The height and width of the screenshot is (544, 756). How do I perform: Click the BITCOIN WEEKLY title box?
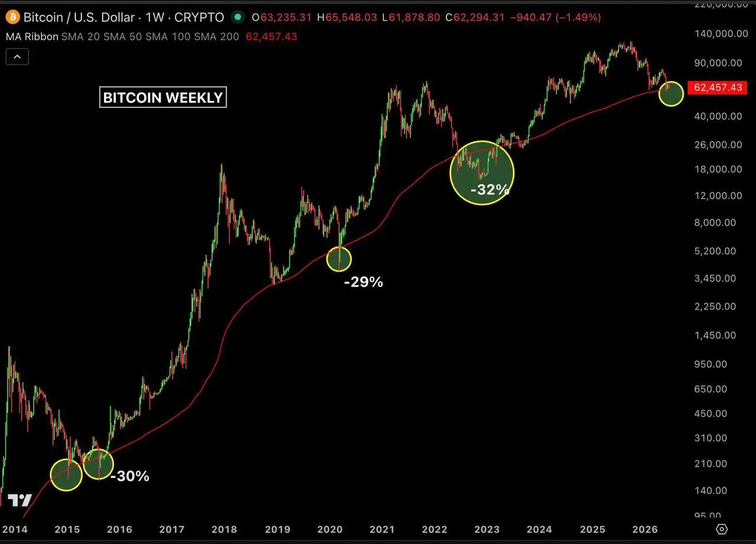(163, 97)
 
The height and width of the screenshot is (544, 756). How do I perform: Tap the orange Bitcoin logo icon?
(13, 17)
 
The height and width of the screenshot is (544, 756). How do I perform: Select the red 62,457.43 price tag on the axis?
(717, 88)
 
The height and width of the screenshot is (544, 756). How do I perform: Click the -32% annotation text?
(490, 189)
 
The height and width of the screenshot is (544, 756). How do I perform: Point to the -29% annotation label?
(363, 282)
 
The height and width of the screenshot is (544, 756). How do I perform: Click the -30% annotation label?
(129, 476)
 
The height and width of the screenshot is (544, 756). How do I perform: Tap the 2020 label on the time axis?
(330, 529)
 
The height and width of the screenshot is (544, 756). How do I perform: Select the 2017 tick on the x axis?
(172, 529)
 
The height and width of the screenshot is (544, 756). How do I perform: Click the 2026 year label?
(645, 529)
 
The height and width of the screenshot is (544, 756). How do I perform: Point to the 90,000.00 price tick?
(718, 63)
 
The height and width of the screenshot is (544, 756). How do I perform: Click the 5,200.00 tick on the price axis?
(715, 251)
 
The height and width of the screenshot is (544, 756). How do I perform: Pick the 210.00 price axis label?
(711, 463)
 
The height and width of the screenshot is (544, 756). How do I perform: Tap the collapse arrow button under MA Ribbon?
(17, 57)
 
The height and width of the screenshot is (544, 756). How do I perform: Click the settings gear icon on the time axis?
(722, 529)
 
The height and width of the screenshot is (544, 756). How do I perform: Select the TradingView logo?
(20, 500)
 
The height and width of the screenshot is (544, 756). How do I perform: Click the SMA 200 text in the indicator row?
(216, 37)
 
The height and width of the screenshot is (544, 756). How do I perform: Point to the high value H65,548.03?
(347, 17)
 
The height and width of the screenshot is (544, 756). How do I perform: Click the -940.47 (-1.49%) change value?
(556, 17)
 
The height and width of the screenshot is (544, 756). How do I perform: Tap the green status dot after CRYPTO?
(238, 17)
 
